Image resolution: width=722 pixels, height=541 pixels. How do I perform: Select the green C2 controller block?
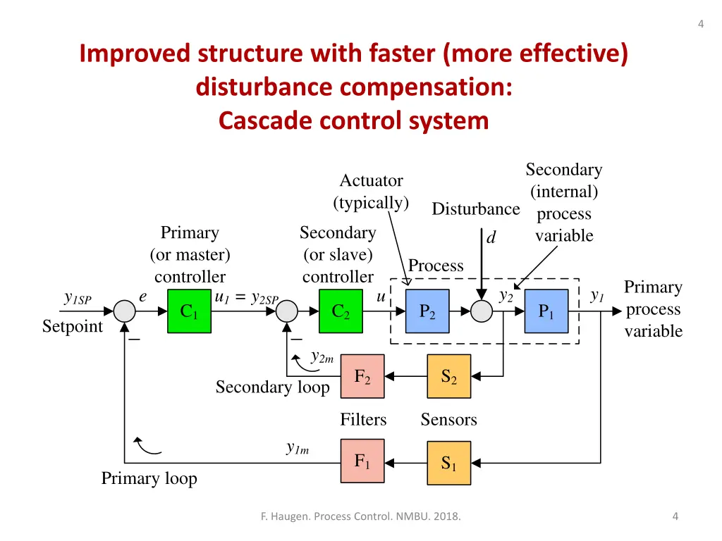(x=341, y=311)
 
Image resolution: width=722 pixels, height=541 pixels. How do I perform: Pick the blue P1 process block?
(x=546, y=311)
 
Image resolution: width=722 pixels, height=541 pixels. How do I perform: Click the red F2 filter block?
(x=362, y=377)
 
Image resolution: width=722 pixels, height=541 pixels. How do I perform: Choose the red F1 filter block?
(x=362, y=462)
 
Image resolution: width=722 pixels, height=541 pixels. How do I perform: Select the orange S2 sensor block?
(x=449, y=377)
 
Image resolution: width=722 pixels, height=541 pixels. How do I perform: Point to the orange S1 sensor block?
(x=449, y=463)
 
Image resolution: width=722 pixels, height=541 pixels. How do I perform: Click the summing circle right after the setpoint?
(x=125, y=311)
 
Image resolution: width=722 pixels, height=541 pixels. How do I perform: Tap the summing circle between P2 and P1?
(x=482, y=311)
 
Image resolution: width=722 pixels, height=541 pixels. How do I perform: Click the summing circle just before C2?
(x=288, y=311)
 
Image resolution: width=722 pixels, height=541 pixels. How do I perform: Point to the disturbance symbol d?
(x=491, y=238)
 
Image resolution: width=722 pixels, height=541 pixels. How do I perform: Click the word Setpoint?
(x=72, y=327)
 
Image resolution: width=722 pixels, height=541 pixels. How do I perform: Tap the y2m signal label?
(x=322, y=357)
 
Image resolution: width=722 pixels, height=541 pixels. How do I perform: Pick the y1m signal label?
(x=298, y=447)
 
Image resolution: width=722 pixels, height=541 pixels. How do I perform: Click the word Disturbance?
(x=475, y=209)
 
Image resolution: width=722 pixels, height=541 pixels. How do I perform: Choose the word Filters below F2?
(x=363, y=420)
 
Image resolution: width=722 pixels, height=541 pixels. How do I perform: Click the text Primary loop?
(x=149, y=479)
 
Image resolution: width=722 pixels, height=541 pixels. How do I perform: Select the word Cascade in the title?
(x=266, y=121)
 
